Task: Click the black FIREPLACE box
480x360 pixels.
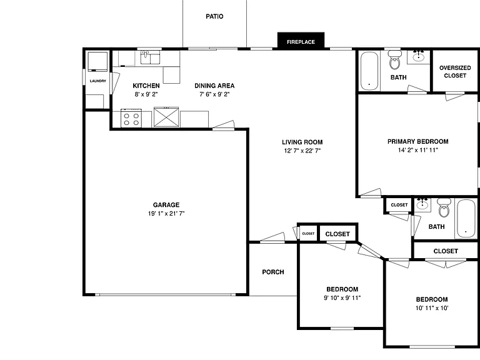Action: point(301,41)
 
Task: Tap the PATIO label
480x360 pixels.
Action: point(214,16)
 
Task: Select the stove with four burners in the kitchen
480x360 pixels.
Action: point(131,118)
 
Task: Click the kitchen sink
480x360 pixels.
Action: point(150,57)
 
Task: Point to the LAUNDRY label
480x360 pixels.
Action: point(98,81)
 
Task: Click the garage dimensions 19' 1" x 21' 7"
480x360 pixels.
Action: point(166,214)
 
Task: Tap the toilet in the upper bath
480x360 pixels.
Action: point(395,60)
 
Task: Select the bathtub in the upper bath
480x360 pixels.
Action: point(369,71)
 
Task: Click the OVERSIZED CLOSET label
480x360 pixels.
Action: point(455,72)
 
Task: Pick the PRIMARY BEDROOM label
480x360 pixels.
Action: point(418,142)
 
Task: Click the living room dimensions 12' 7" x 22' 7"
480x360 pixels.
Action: point(302,151)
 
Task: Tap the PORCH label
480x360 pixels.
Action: point(273,272)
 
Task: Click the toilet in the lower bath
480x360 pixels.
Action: point(444,207)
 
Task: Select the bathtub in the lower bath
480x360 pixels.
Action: point(466,219)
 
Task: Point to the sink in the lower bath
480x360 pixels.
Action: point(422,204)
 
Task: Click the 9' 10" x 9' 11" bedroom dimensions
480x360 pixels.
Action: point(342,298)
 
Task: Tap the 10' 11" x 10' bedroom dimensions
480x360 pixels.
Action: point(432,308)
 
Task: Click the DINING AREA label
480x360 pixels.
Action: point(214,86)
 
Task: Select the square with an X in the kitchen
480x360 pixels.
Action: point(166,117)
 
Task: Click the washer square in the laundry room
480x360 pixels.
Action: point(97,61)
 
